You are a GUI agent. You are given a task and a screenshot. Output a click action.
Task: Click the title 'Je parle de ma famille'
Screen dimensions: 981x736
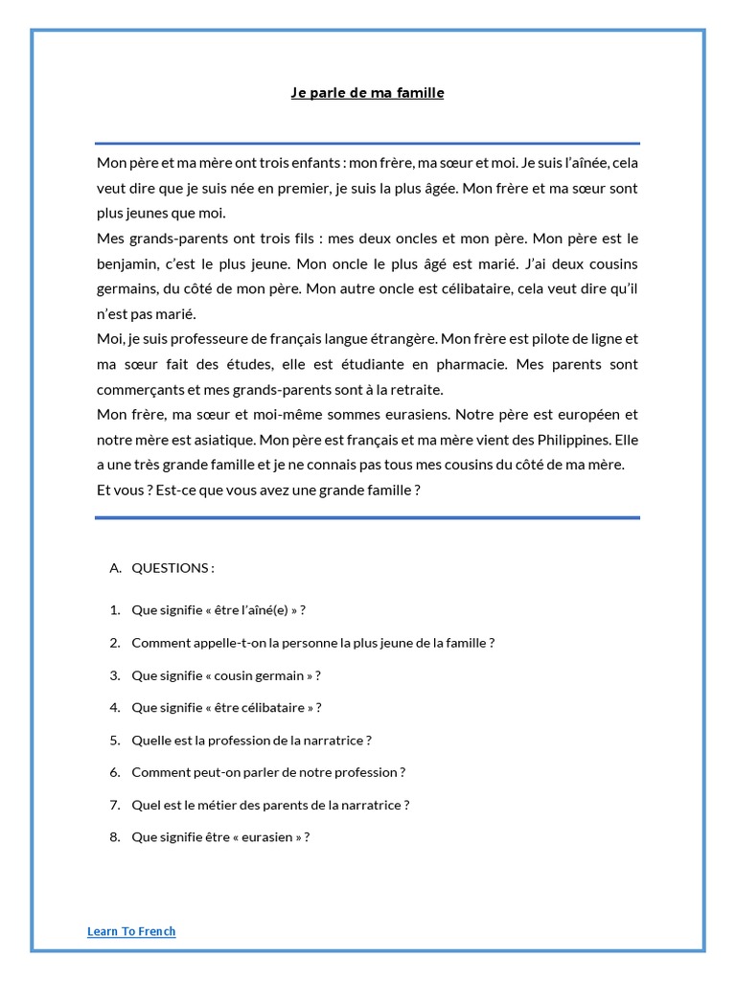pyautogui.click(x=368, y=93)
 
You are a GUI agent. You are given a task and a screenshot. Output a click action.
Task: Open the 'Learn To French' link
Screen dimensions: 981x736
pyautogui.click(x=131, y=930)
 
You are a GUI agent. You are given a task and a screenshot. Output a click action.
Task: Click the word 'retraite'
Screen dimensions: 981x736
pyautogui.click(x=416, y=389)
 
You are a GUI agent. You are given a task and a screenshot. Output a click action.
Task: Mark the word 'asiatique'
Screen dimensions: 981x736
pyautogui.click(x=195, y=440)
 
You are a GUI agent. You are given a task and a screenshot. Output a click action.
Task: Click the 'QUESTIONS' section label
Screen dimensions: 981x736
pyautogui.click(x=172, y=568)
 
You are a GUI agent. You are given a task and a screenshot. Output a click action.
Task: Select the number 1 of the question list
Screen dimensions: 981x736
pyautogui.click(x=114, y=610)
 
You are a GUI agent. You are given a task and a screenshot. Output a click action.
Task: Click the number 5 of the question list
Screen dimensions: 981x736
pyautogui.click(x=114, y=740)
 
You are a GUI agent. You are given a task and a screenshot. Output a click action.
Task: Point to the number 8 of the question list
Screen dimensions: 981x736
pyautogui.click(x=114, y=836)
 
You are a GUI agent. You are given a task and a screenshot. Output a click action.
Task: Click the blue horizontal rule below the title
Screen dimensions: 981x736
pyautogui.click(x=368, y=143)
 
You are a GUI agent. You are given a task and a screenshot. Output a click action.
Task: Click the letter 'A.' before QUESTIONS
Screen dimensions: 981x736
pyautogui.click(x=116, y=568)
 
